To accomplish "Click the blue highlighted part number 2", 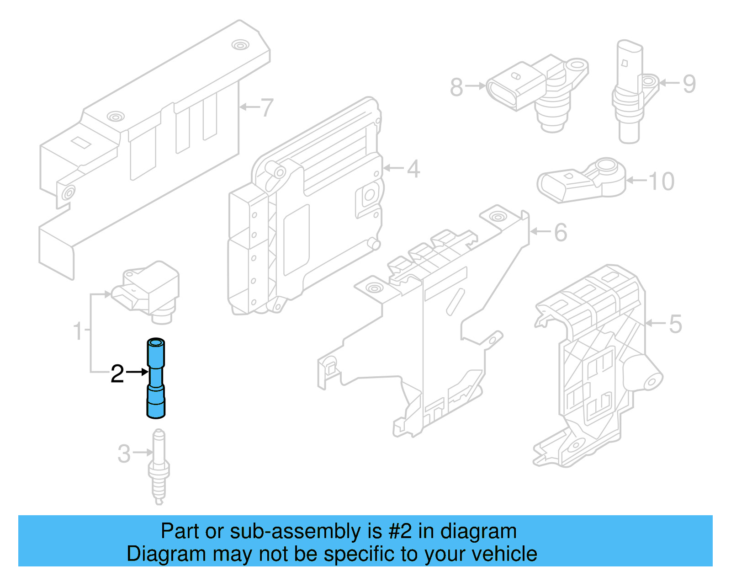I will [x=155, y=379].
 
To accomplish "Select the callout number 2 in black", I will [x=117, y=374].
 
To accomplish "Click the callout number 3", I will [x=124, y=454].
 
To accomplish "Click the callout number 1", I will [x=78, y=331].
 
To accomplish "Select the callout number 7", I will [x=266, y=108].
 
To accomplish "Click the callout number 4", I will [x=413, y=169].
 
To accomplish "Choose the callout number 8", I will [x=456, y=87].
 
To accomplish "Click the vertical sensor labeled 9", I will [x=630, y=91].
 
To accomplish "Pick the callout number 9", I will [x=689, y=84].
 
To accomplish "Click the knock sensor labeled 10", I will [x=580, y=181].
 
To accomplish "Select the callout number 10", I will [x=661, y=181].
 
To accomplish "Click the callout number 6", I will [x=561, y=233].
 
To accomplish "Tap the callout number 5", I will [x=675, y=324].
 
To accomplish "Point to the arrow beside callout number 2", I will [x=137, y=372].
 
